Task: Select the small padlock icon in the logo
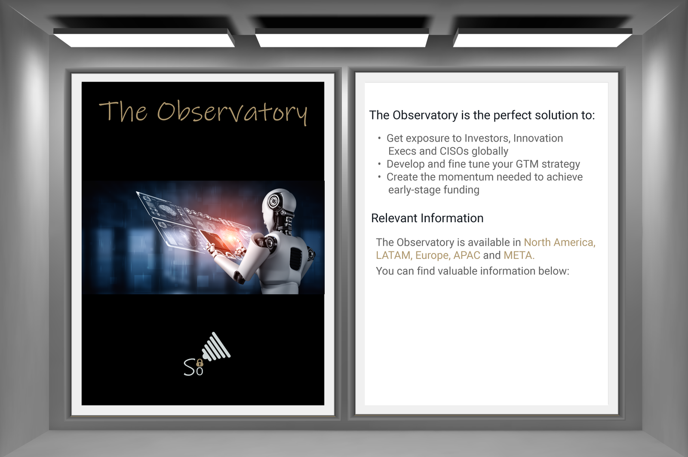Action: coord(200,363)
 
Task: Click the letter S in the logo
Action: coord(189,367)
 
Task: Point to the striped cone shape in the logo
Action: coord(216,347)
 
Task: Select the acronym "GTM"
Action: coord(527,164)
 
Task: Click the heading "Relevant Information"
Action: coord(427,218)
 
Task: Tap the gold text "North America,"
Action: coord(559,242)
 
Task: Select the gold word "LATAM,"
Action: coord(394,255)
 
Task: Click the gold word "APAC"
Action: coord(467,255)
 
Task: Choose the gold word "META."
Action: coord(519,255)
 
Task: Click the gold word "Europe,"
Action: coord(433,255)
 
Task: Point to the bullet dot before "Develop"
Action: coord(379,164)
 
